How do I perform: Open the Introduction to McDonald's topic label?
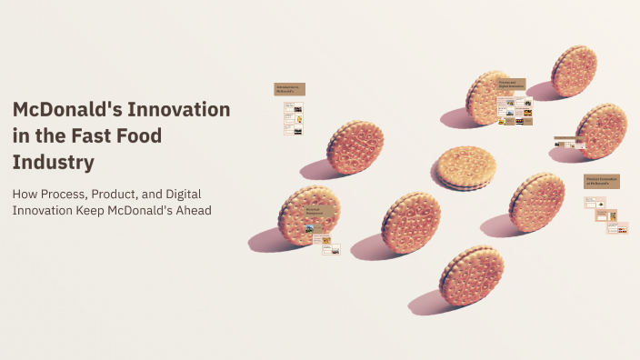pyautogui.click(x=289, y=89)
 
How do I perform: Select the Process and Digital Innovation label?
pyautogui.click(x=513, y=85)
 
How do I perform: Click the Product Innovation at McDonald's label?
pyautogui.click(x=601, y=181)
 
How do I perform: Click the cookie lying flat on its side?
pyautogui.click(x=465, y=167)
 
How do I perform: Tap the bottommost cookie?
pyautogui.click(x=471, y=275)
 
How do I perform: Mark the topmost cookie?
pyautogui.click(x=574, y=71)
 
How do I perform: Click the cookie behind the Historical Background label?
pyautogui.click(x=309, y=215)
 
